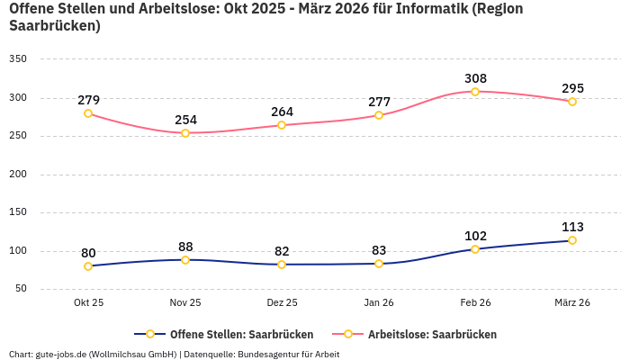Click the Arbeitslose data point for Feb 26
click(x=475, y=92)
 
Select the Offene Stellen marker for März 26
click(x=571, y=240)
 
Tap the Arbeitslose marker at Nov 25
click(x=185, y=133)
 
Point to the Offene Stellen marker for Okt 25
click(x=88, y=266)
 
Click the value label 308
click(x=475, y=78)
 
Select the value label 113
click(x=572, y=227)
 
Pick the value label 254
click(x=185, y=120)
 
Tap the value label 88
click(x=185, y=247)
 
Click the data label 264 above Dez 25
click(x=283, y=112)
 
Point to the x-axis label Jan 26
click(x=379, y=303)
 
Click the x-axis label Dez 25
click(x=283, y=303)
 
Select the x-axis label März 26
click(x=571, y=303)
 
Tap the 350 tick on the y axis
click(x=18, y=59)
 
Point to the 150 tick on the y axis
click(x=18, y=212)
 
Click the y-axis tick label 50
click(x=21, y=289)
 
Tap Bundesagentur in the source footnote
click(x=268, y=354)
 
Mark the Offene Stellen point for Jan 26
click(x=379, y=264)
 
